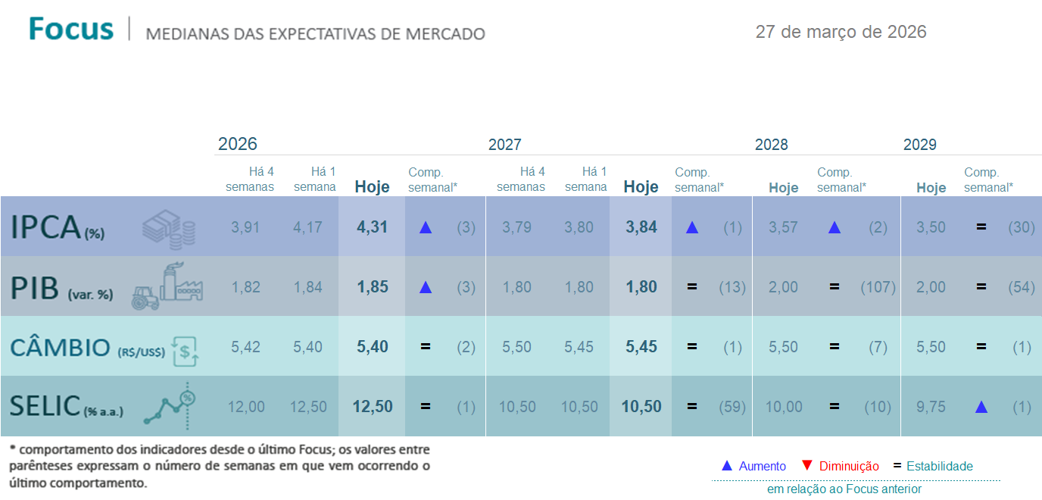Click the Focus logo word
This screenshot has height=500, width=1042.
point(71,30)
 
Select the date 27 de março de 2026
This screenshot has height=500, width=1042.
point(841,32)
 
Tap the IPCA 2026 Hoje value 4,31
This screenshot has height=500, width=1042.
point(373,227)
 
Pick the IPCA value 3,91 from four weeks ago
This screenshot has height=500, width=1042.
point(245,227)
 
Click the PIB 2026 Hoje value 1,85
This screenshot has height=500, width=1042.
point(373,287)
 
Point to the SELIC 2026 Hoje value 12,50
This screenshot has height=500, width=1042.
point(373,407)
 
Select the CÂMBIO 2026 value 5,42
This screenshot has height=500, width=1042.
point(245,347)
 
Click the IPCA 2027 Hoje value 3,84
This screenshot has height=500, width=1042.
point(641,227)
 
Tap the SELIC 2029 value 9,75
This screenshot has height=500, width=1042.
point(931,407)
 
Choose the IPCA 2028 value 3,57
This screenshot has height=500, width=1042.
point(783,227)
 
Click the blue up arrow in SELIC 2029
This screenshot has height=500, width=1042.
point(981,407)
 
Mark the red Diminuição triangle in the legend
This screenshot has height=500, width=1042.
point(806,465)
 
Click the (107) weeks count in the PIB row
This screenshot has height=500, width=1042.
point(878,287)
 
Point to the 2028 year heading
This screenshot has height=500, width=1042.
point(771,145)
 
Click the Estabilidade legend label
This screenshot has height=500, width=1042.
point(939,466)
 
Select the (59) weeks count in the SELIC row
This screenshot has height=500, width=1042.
point(732,407)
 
